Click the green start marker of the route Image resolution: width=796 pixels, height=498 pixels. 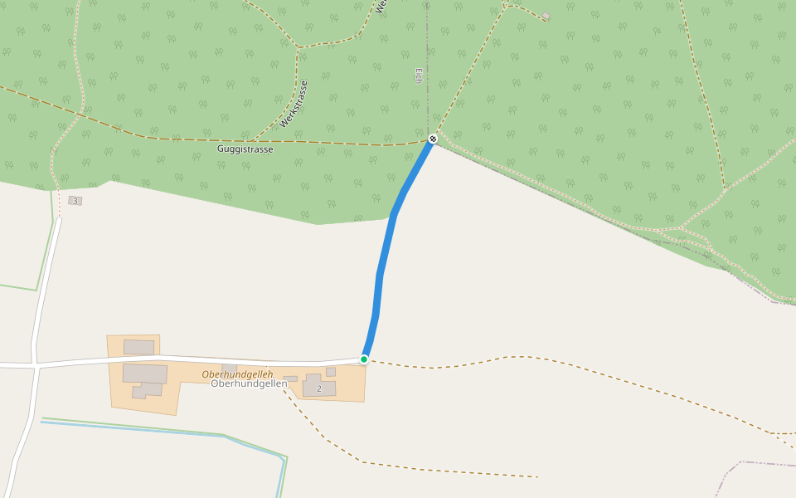(364, 359)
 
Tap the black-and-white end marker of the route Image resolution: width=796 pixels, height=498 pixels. (433, 139)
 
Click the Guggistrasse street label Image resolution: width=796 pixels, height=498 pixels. (245, 149)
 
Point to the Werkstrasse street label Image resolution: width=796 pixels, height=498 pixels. (294, 105)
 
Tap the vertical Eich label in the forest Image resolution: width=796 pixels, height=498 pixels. (419, 76)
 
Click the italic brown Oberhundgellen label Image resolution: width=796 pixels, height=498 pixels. (239, 374)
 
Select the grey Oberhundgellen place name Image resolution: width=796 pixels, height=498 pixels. (249, 383)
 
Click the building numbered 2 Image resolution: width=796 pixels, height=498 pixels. (319, 388)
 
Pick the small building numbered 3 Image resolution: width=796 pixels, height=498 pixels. (75, 201)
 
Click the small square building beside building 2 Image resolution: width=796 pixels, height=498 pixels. (331, 371)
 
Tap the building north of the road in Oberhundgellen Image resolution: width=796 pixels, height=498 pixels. (138, 346)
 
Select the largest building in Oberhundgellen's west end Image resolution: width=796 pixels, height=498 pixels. (144, 373)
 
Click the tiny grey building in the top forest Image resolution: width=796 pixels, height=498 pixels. (546, 16)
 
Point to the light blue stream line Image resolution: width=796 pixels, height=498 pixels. (166, 430)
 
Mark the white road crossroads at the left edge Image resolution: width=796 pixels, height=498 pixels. (36, 364)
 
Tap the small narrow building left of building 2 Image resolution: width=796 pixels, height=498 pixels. (290, 378)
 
